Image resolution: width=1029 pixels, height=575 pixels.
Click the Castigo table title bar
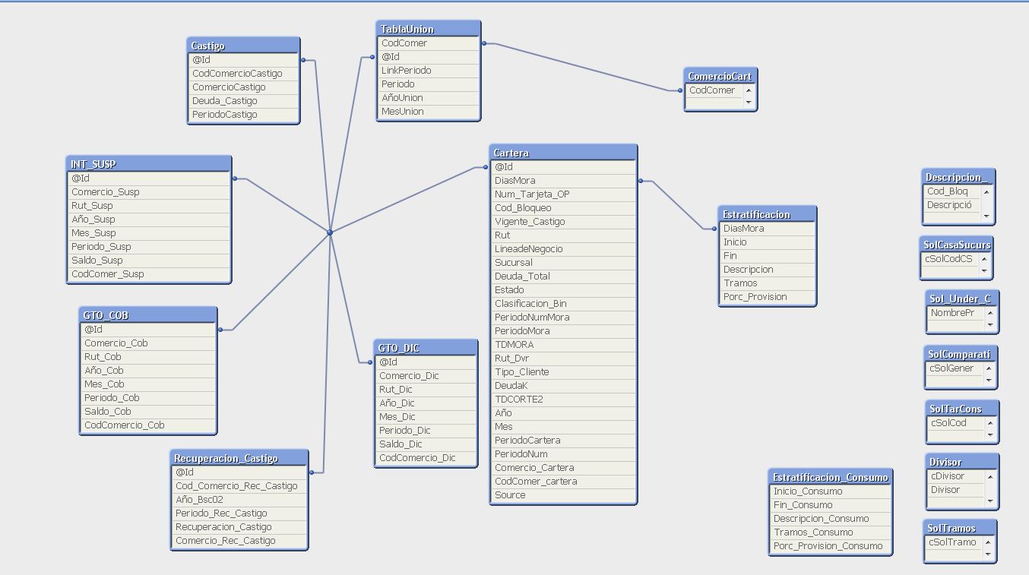[243, 46]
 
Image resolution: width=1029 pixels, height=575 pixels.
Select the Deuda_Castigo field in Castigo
[225, 101]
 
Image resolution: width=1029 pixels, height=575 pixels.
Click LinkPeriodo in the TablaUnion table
[407, 71]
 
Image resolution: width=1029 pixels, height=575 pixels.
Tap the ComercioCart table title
[720, 76]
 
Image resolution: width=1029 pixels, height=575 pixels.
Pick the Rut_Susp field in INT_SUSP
[92, 206]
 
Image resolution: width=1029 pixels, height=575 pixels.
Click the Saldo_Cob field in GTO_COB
[108, 412]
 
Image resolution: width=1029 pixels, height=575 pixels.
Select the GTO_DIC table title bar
[426, 348]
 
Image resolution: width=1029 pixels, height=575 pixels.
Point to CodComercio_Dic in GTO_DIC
[417, 458]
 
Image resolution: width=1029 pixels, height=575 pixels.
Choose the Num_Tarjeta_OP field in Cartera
[532, 194]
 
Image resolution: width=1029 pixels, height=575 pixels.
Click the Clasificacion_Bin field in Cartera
[530, 304]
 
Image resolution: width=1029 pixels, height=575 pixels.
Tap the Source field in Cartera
[510, 495]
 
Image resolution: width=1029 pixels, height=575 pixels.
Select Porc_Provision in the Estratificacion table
[755, 297]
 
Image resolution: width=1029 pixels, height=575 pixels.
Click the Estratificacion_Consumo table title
[830, 477]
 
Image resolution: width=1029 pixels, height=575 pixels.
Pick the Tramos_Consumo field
[813, 532]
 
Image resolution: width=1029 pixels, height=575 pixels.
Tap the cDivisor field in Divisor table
[947, 476]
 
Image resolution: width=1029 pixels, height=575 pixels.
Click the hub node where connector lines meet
[330, 232]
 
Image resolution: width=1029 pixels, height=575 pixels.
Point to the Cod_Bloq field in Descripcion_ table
[947, 191]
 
